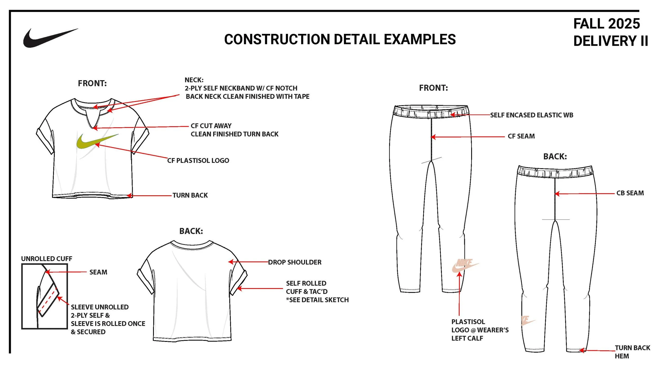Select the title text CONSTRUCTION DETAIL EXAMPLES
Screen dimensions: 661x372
coord(340,39)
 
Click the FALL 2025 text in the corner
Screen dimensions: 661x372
coord(607,24)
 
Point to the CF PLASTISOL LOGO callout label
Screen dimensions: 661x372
coord(198,161)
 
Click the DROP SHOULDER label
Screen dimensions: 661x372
coord(295,262)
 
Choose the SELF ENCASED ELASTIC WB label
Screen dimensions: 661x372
coord(532,115)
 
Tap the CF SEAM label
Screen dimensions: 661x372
coord(521,136)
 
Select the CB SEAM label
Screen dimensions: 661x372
coord(630,193)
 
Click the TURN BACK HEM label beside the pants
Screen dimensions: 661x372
coord(632,352)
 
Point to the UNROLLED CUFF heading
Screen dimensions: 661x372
coord(47,259)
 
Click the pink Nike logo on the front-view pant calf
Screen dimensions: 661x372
coord(465,266)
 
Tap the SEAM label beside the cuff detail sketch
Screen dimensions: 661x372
coord(98,272)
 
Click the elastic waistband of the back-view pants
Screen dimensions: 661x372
coord(555,172)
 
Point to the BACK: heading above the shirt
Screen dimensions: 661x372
coord(191,231)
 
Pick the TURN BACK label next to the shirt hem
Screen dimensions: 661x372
coord(190,195)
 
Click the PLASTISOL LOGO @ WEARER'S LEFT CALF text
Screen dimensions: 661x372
coord(480,330)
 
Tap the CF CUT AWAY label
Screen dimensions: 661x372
coord(211,126)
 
